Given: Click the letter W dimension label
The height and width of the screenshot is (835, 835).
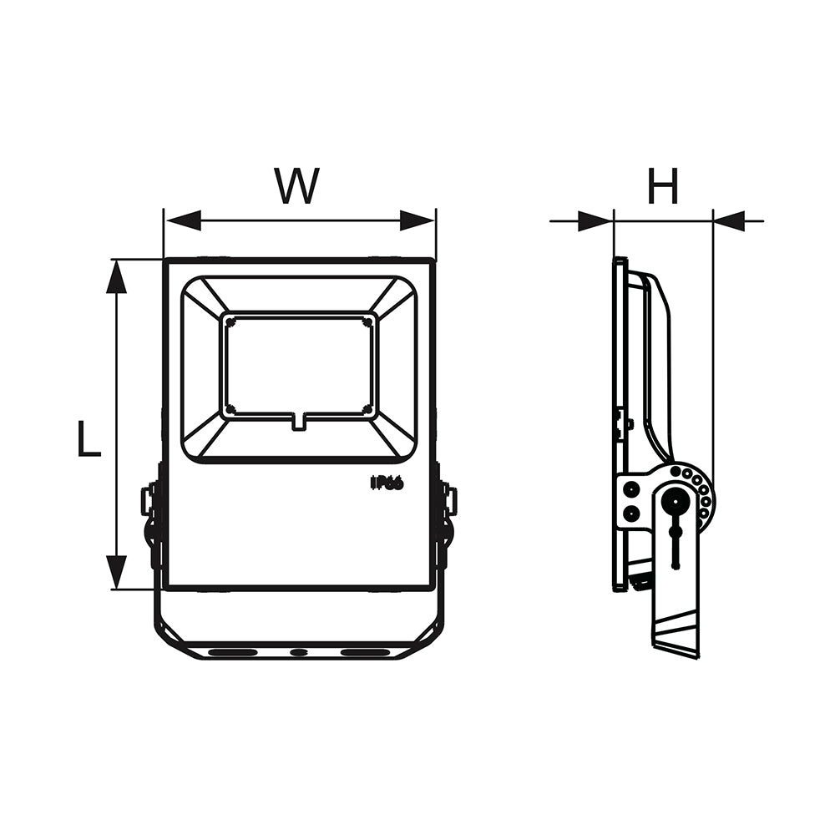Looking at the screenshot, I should (x=298, y=186).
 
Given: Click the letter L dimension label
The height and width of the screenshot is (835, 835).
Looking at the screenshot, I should (x=89, y=439).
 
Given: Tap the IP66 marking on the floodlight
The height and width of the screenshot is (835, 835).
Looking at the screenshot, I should (x=387, y=483).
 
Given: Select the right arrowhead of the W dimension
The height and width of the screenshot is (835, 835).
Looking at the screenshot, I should (x=417, y=220).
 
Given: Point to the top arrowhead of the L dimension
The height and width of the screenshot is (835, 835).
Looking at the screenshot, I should (x=117, y=276).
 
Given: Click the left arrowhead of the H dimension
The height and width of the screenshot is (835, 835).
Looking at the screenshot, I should (x=595, y=221).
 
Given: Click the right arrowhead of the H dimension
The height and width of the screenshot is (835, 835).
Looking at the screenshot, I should (x=731, y=221).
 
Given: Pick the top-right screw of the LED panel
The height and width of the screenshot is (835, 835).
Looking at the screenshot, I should (x=367, y=321).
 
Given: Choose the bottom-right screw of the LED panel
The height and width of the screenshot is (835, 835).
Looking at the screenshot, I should (x=367, y=408).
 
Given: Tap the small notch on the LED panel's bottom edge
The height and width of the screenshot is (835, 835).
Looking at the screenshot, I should (x=298, y=422).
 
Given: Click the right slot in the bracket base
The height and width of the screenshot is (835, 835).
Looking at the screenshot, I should (x=365, y=651).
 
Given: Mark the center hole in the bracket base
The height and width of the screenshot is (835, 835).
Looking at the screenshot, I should (x=298, y=651).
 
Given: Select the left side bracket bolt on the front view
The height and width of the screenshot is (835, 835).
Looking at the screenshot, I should (x=148, y=501).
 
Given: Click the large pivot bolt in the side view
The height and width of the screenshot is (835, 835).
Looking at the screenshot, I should (x=675, y=502).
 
